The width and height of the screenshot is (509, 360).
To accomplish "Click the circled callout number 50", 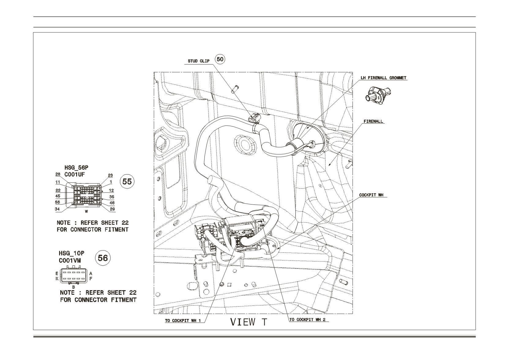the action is point(220,59).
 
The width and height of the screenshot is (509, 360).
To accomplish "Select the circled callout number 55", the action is point(127,181).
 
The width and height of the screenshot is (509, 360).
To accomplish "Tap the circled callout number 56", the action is point(103,258).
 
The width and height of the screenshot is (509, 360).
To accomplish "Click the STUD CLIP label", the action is point(199,61).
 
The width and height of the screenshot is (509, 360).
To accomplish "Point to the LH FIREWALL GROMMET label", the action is point(383,78).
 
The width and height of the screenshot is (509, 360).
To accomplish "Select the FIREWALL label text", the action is point(373,121).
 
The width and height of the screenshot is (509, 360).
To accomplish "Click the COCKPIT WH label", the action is point(371,195).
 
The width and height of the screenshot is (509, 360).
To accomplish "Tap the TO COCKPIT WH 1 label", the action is point(183,321).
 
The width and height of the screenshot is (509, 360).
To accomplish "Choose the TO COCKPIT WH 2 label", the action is point(307,320).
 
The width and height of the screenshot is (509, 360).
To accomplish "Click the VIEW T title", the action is point(249,322).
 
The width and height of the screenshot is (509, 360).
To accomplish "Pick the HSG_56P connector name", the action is point(76,168).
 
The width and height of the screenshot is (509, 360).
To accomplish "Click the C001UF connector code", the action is point(75,174).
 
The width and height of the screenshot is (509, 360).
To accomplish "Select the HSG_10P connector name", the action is point(72,253).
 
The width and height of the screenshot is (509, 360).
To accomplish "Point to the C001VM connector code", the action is point(70,261).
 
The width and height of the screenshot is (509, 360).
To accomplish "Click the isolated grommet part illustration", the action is point(378,94).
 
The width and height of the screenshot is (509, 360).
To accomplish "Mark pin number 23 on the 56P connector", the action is point(110,175).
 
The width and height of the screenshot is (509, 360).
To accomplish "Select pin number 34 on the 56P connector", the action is point(57,209).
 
